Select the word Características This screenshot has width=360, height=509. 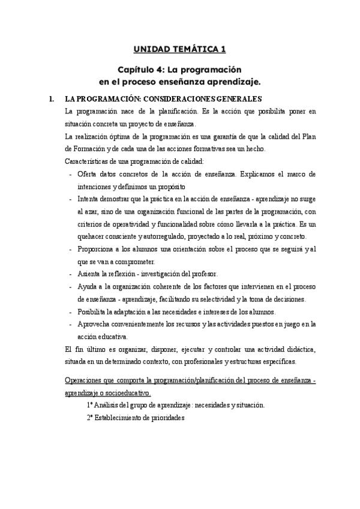(88, 161)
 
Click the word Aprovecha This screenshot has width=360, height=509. (94, 324)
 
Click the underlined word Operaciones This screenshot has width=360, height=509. (86, 381)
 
